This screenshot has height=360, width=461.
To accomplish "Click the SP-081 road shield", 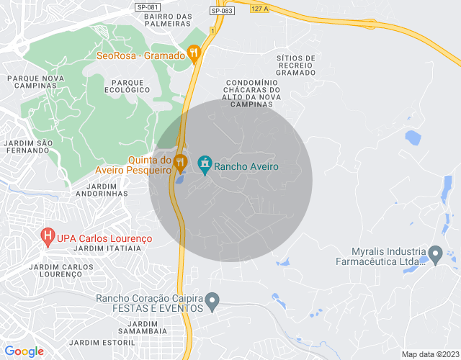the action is (x=146, y=7).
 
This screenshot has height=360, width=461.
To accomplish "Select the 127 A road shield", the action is (x=259, y=9).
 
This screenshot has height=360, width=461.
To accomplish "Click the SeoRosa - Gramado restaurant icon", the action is (x=193, y=53).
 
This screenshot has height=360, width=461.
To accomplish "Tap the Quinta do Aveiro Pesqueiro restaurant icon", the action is (x=180, y=163).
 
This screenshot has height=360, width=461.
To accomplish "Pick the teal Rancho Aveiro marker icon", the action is (x=205, y=165).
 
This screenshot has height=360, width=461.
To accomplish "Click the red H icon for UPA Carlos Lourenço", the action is (x=48, y=235).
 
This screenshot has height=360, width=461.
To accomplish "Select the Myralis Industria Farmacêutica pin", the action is (x=435, y=253).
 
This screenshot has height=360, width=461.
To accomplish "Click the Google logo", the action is (x=24, y=351).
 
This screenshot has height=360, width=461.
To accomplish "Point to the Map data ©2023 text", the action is (x=429, y=354).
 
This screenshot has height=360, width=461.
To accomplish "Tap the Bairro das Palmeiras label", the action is (x=167, y=20).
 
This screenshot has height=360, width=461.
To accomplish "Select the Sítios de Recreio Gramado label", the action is (x=296, y=65).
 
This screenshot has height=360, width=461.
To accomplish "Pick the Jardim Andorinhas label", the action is (x=101, y=189).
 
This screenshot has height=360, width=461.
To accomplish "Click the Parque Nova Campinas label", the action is (x=32, y=81).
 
